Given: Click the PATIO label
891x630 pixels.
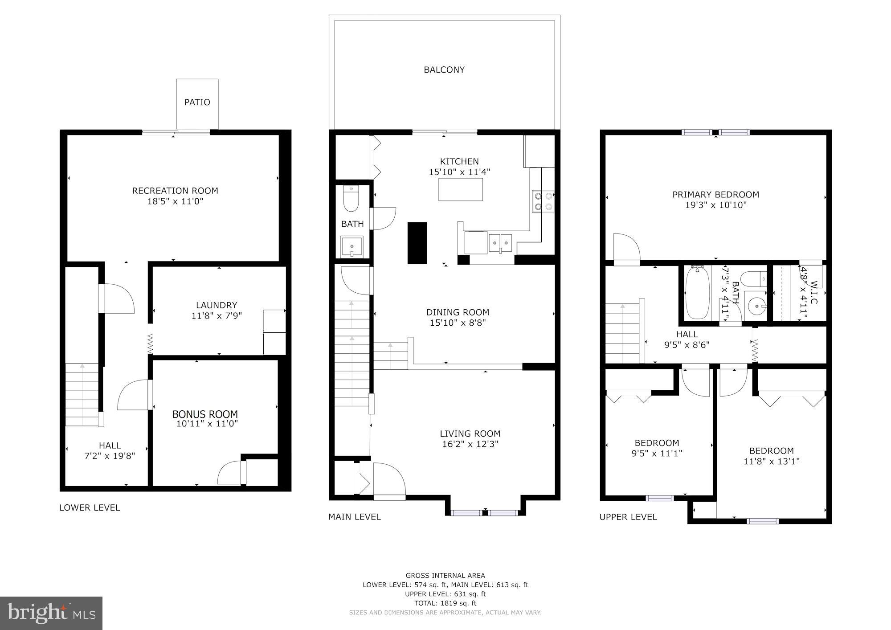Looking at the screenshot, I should [x=197, y=102].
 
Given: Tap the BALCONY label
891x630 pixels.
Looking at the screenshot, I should [x=444, y=70].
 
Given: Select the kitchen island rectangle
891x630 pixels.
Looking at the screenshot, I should [x=461, y=189].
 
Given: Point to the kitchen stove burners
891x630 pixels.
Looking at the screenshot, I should [x=543, y=200].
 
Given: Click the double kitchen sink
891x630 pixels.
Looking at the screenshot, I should [x=501, y=242].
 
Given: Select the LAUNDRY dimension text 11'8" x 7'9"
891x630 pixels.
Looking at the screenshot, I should [x=217, y=316].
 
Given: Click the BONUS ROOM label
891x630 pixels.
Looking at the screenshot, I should [x=205, y=414].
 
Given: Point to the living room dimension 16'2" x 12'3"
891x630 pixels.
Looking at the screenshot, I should [x=470, y=444].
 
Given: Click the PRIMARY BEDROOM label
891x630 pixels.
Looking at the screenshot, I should [x=715, y=195].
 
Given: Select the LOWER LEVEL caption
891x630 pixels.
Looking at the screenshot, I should [x=90, y=507].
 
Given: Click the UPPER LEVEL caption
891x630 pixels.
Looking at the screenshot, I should [x=628, y=517].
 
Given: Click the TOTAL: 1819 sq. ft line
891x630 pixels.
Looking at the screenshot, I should [x=445, y=603].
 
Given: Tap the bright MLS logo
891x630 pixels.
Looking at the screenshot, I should [x=51, y=613].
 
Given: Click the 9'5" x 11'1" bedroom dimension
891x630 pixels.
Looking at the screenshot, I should [x=657, y=454].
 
